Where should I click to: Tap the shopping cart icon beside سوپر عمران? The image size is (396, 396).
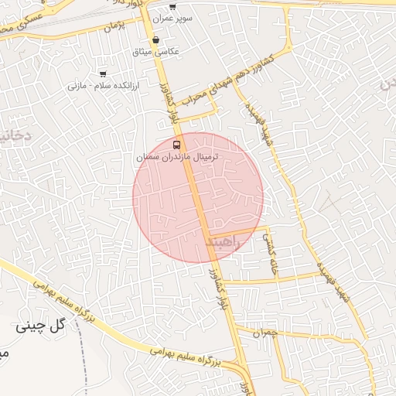click(172, 7)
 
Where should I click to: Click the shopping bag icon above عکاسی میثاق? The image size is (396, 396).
click(157, 39)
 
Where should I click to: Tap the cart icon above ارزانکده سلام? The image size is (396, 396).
click(103, 74)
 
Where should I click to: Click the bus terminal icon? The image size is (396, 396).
click(178, 145)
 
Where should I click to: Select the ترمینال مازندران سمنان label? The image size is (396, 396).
click(178, 157)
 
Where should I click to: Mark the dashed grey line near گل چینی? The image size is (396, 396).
click(84, 364)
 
